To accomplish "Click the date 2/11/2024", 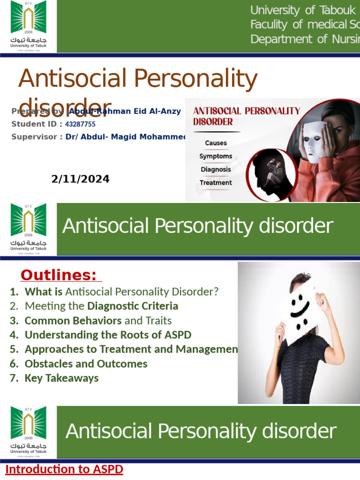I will pos(80,179).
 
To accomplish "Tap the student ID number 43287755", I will pos(80,124).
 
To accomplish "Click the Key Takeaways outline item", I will pos(61,378).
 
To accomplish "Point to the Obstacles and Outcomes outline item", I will pos(86,364).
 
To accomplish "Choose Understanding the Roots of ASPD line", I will pos(108,335).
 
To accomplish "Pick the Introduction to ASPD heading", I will pos(64,469).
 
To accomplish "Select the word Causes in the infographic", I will pos(216,143).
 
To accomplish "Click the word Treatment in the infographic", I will pos(216,182).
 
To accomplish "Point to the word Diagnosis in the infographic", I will pos(216,169).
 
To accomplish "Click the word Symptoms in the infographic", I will pos(216,156).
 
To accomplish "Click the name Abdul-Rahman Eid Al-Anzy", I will pos(125,112).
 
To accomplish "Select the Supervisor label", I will pos(36,137).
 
